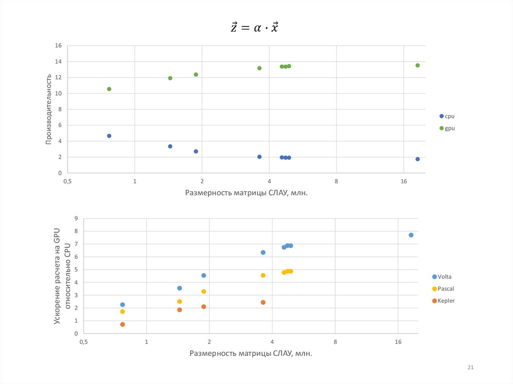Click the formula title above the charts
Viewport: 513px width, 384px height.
[x=254, y=28]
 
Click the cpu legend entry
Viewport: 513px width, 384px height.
[x=447, y=116]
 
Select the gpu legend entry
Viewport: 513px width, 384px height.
[x=447, y=128]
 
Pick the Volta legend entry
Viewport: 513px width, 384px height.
[x=445, y=276]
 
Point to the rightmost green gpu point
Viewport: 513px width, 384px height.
[x=417, y=66]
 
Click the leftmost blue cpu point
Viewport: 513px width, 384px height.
[x=109, y=136]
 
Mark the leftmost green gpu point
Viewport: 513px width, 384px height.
[x=109, y=89]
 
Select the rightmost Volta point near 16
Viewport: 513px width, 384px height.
[x=411, y=235]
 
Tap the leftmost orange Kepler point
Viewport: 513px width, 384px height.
[x=122, y=324]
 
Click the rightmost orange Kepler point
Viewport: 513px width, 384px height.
[x=263, y=302]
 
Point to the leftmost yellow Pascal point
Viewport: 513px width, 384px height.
[x=122, y=311]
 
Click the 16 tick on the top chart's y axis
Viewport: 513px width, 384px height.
[x=58, y=46]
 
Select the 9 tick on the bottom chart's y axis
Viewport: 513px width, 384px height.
[x=76, y=218]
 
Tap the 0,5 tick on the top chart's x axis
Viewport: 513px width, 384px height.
[x=68, y=181]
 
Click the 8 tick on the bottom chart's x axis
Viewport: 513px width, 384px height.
[x=335, y=342]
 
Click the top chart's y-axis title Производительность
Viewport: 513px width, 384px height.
[x=49, y=109]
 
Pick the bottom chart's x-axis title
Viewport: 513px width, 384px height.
[x=250, y=353]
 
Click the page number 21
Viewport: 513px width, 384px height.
[x=470, y=368]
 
